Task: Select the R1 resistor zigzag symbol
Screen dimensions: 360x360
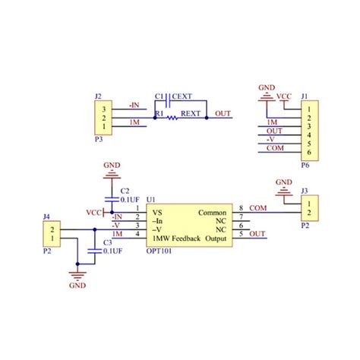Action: pos(172,118)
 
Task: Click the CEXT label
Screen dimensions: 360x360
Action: pos(182,96)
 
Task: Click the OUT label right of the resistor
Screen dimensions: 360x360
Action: pos(223,114)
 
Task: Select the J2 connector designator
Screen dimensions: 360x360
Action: pos(97,96)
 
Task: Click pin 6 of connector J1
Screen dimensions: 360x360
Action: pos(308,153)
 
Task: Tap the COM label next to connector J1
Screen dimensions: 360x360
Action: pos(275,148)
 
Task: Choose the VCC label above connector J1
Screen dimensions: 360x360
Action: pos(283,96)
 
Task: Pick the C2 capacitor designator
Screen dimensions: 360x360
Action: pos(125,191)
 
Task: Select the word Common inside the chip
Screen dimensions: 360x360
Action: pos(213,213)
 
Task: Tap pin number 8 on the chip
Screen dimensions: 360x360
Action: pos(241,208)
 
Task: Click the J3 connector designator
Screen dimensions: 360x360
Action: pos(305,191)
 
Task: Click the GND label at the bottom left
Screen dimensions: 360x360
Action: pos(77,288)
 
